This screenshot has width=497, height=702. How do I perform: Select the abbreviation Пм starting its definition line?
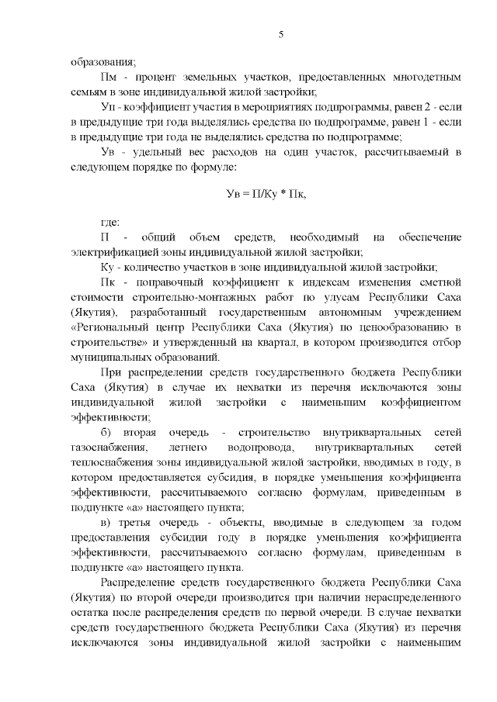click(x=111, y=78)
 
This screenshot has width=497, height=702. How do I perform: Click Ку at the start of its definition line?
click(x=109, y=265)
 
